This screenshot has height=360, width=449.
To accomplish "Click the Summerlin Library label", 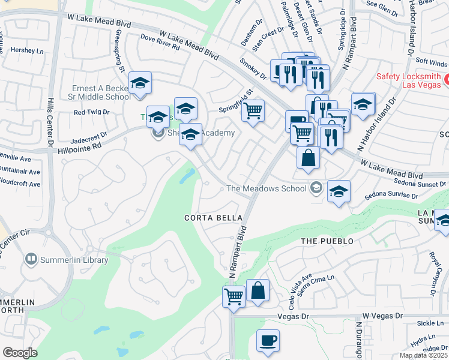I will pyautogui.click(x=74, y=260).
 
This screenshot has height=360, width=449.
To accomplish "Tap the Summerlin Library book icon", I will pyautogui.click(x=31, y=260).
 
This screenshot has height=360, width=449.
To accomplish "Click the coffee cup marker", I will pyautogui.click(x=268, y=341).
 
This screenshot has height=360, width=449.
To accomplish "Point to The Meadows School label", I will pyautogui.click(x=266, y=188).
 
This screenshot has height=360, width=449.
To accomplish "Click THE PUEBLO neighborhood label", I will pyautogui.click(x=328, y=241).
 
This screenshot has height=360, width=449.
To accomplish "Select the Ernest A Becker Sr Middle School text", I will pyautogui.click(x=101, y=92).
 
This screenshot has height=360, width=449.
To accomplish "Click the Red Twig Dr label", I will pyautogui.click(x=91, y=112).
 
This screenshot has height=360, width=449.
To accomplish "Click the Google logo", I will pyautogui.click(x=20, y=353).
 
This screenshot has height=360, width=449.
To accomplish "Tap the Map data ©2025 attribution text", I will pyautogui.click(x=423, y=355).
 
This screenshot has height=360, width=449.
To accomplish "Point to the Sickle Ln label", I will pyautogui.click(x=429, y=323).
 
